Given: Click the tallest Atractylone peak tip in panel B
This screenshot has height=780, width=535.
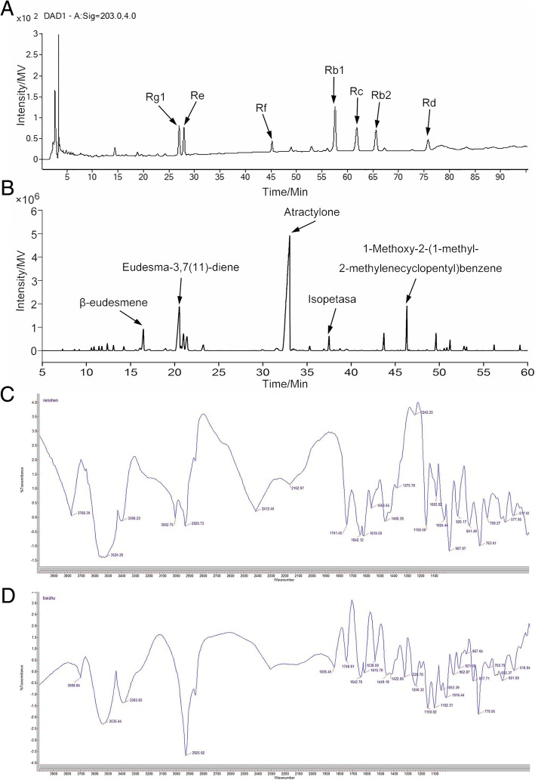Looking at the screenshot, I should (x=289, y=236).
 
